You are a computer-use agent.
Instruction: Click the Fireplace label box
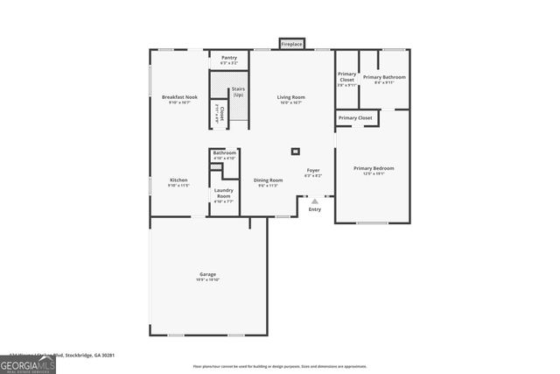(291, 43)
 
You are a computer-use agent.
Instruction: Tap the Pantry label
(229, 58)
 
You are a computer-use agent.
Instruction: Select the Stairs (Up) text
(237, 91)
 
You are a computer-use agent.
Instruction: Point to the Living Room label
(290, 97)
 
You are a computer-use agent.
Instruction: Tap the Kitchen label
(178, 180)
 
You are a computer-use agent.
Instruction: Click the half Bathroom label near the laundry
(225, 152)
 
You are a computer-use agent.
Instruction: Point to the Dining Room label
(268, 180)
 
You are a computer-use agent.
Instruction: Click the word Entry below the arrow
(315, 209)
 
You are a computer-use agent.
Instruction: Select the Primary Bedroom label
(374, 168)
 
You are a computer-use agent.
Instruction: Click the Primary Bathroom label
(384, 77)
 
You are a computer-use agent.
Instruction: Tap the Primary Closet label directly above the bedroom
(355, 117)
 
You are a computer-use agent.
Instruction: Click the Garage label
(207, 274)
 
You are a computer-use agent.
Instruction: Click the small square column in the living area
(296, 152)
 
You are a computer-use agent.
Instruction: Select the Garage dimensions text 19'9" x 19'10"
(207, 279)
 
